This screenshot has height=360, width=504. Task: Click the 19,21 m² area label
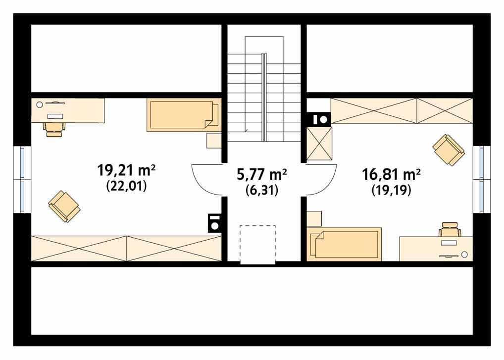[127, 171]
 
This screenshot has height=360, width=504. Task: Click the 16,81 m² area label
[391, 174]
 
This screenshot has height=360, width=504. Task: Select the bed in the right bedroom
[345, 244]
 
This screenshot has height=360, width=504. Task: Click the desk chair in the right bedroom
[450, 231]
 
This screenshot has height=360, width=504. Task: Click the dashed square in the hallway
[257, 245]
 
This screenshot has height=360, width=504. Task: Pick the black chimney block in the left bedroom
[214, 223]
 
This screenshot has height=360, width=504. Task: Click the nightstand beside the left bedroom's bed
[214, 141]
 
